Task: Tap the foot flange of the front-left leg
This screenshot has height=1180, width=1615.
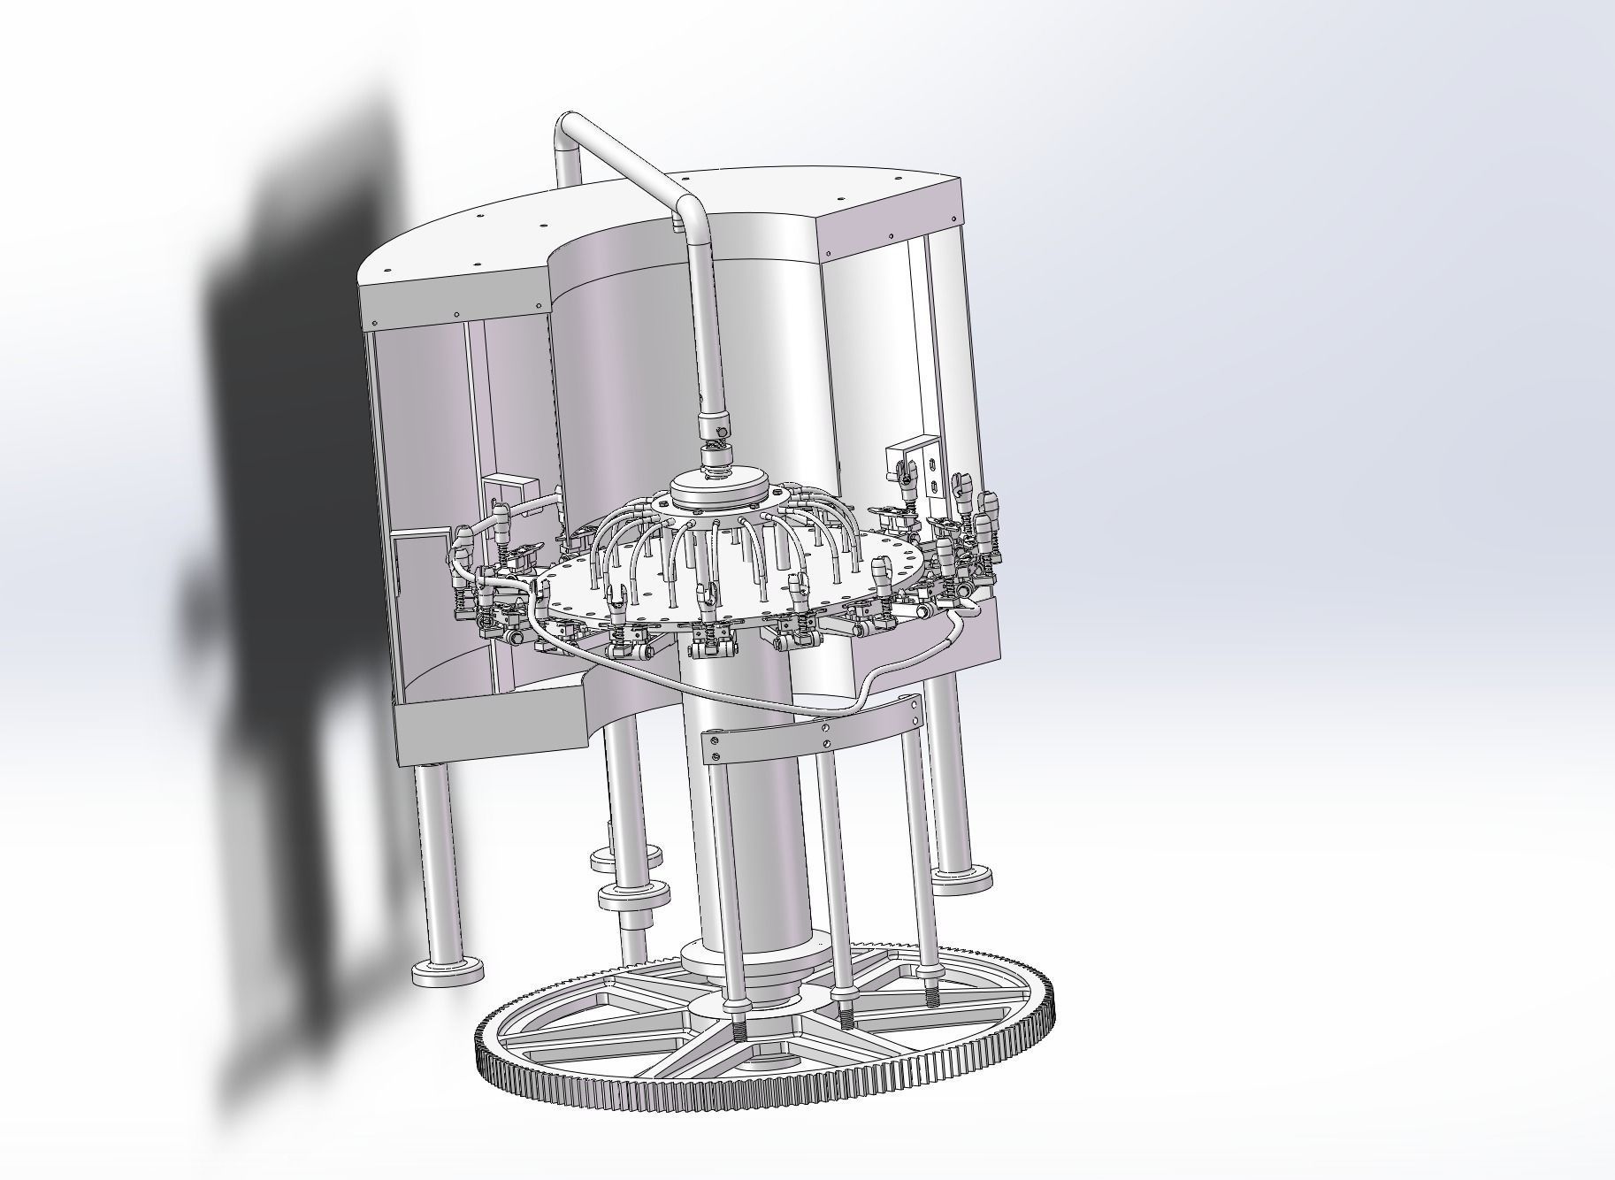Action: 448,972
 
